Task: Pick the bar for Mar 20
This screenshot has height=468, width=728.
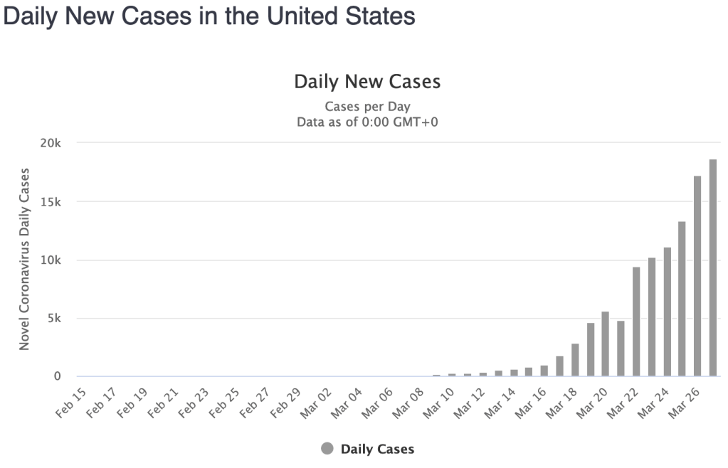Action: (x=606, y=344)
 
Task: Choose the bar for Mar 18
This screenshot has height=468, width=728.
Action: (x=575, y=360)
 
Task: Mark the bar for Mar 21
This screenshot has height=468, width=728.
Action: (x=621, y=349)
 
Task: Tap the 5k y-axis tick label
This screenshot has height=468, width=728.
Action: (x=56, y=318)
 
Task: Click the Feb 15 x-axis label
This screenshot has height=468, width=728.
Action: (x=70, y=401)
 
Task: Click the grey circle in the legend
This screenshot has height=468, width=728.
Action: (x=327, y=449)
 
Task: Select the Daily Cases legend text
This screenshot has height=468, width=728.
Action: (x=377, y=449)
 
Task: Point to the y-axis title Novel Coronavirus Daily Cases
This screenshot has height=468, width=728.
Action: (x=24, y=259)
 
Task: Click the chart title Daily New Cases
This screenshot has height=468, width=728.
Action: (x=367, y=82)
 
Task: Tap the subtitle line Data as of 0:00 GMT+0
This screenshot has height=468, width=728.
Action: (x=367, y=122)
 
